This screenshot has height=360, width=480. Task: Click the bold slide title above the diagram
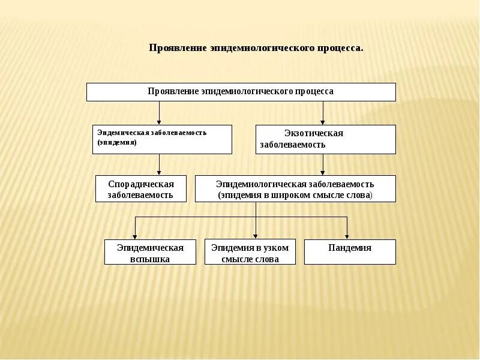pyautogui.click(x=256, y=47)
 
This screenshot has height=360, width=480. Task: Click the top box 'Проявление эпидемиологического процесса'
pyautogui.click(x=241, y=92)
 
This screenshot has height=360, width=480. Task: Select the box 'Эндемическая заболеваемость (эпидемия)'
pyautogui.click(x=162, y=139)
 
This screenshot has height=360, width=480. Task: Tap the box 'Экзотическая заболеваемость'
pyautogui.click(x=325, y=139)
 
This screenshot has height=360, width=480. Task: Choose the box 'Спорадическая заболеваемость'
pyautogui.click(x=141, y=188)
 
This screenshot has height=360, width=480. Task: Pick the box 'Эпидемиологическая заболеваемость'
pyautogui.click(x=295, y=188)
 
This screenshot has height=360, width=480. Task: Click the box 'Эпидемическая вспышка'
pyautogui.click(x=150, y=252)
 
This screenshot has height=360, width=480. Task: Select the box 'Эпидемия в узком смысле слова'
pyautogui.click(x=250, y=252)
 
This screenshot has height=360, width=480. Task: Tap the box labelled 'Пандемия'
pyautogui.click(x=350, y=252)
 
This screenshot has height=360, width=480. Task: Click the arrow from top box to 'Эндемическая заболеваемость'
pyautogui.click(x=159, y=113)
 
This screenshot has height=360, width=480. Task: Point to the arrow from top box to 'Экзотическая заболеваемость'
pyautogui.click(x=323, y=113)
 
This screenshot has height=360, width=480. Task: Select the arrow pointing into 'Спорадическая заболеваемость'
pyautogui.click(x=159, y=165)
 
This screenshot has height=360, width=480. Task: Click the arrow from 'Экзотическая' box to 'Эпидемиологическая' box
pyautogui.click(x=323, y=165)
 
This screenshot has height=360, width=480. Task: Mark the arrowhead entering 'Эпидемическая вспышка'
pyautogui.click(x=136, y=236)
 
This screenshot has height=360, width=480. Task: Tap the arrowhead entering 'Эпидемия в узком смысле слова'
pyautogui.click(x=256, y=236)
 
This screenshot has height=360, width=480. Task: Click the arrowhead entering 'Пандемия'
pyautogui.click(x=347, y=236)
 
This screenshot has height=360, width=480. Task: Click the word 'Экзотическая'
pyautogui.click(x=313, y=133)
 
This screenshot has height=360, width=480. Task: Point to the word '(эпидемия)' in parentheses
pyautogui.click(x=117, y=143)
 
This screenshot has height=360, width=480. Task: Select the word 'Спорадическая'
pyautogui.click(x=141, y=184)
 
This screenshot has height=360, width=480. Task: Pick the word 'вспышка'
pyautogui.click(x=150, y=259)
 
